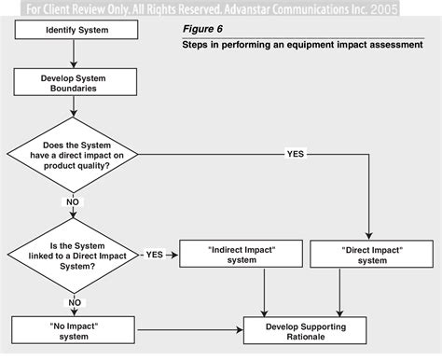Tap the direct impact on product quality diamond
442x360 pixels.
click(x=73, y=153)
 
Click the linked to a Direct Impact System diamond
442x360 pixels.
click(x=73, y=254)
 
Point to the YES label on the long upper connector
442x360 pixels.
click(x=295, y=153)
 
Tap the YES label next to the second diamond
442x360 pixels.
click(x=156, y=254)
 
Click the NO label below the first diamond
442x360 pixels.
click(x=72, y=201)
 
